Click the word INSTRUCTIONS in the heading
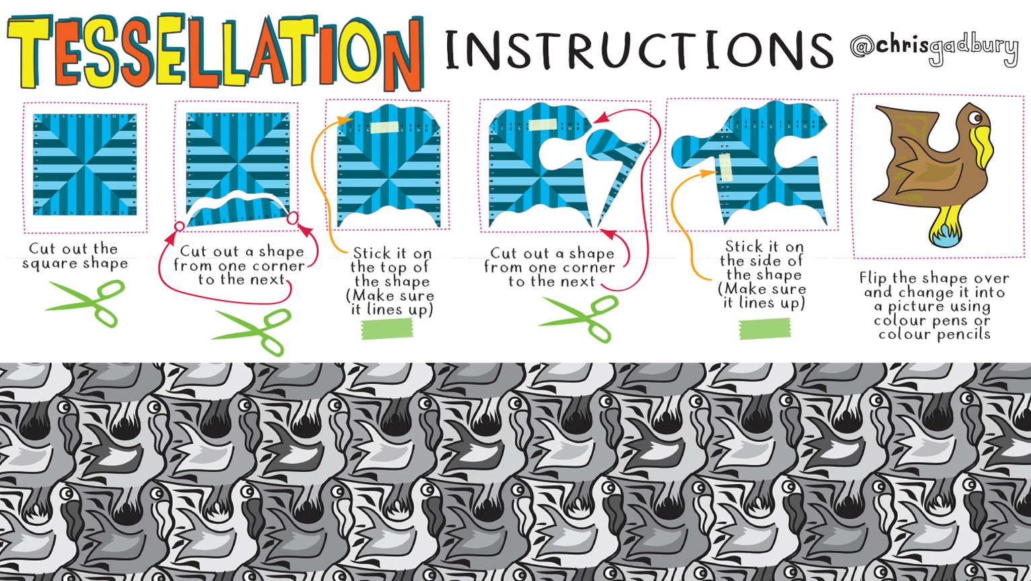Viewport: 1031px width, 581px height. [639, 50]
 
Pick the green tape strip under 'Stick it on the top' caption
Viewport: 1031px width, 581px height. [387, 329]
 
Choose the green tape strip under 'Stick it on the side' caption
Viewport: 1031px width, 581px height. [765, 329]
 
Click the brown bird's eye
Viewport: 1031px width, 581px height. [975, 118]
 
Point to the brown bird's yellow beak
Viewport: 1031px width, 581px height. [982, 147]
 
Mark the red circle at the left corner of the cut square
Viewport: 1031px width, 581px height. [180, 227]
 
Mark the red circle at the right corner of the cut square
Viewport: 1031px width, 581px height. [293, 219]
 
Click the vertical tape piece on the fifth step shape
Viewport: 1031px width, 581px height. [726, 167]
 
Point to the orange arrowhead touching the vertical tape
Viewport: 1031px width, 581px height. [708, 173]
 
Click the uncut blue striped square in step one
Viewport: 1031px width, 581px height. [85, 165]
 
